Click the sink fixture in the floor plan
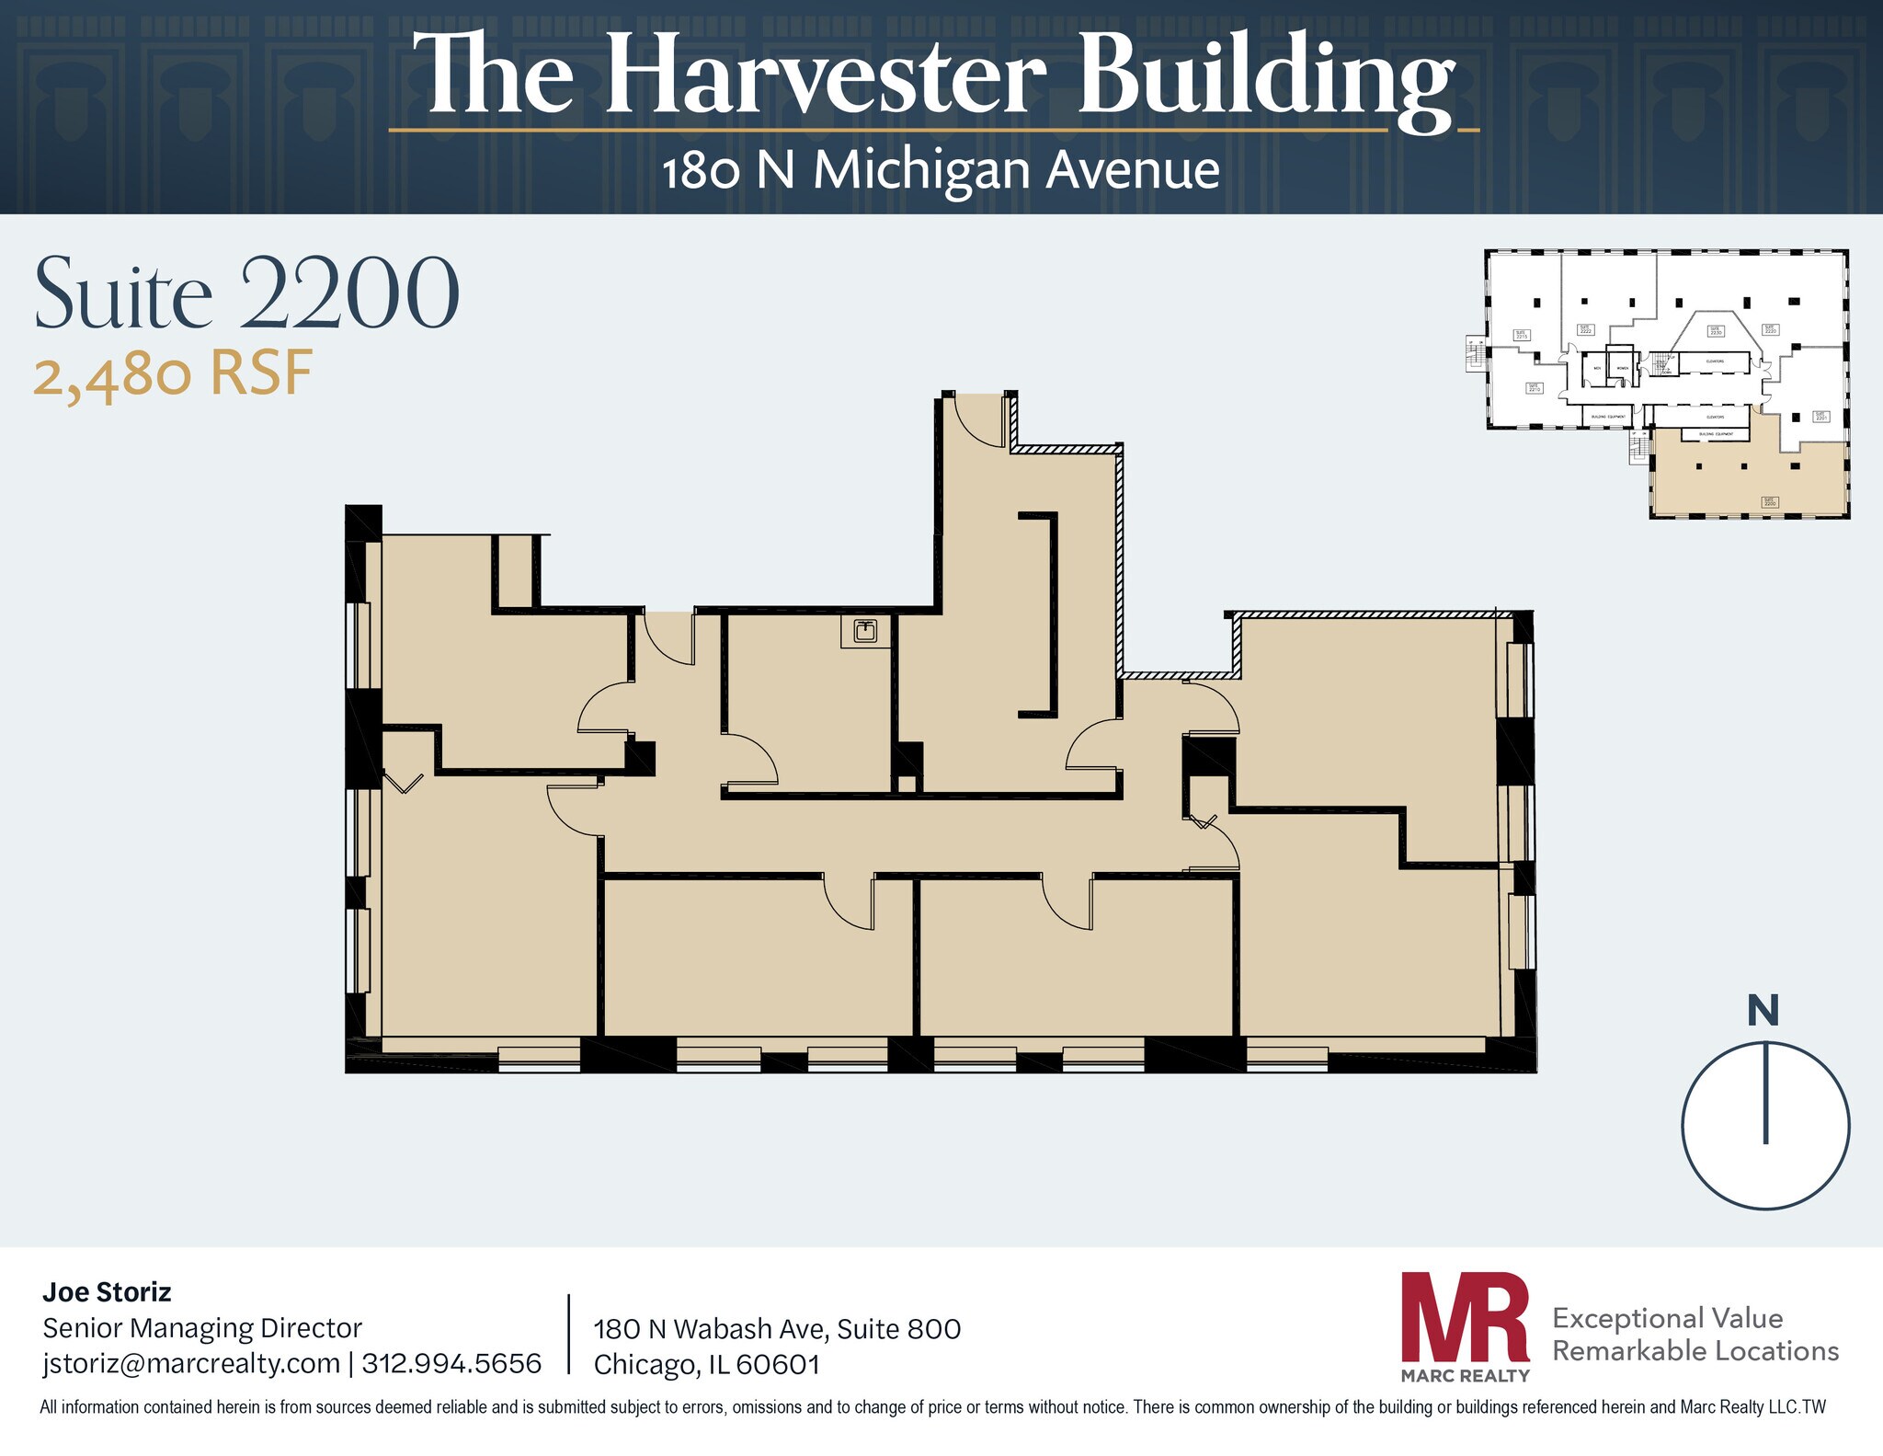pyautogui.click(x=865, y=631)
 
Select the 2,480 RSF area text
pyautogui.click(x=173, y=374)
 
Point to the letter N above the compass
pyautogui.click(x=1763, y=1011)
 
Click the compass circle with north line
pyautogui.click(x=1765, y=1125)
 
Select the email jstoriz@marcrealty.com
pyautogui.click(x=191, y=1363)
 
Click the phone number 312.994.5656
pyautogui.click(x=451, y=1363)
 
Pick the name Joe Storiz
pyautogui.click(x=107, y=1292)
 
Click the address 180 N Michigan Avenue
pyautogui.click(x=941, y=171)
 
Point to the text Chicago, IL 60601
pyautogui.click(x=706, y=1365)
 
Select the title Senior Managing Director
pyautogui.click(x=202, y=1328)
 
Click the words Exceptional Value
pyautogui.click(x=1667, y=1318)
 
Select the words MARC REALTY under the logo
pyautogui.click(x=1465, y=1376)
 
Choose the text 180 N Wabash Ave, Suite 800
pyautogui.click(x=777, y=1329)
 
